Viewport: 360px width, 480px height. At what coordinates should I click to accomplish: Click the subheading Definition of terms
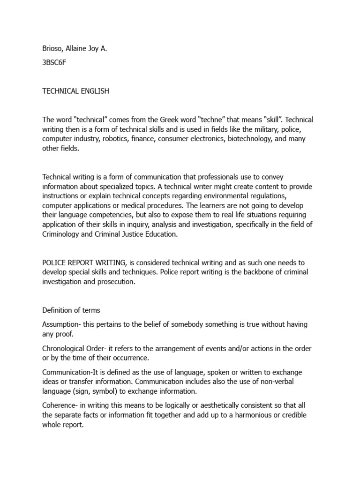click(x=71, y=310)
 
